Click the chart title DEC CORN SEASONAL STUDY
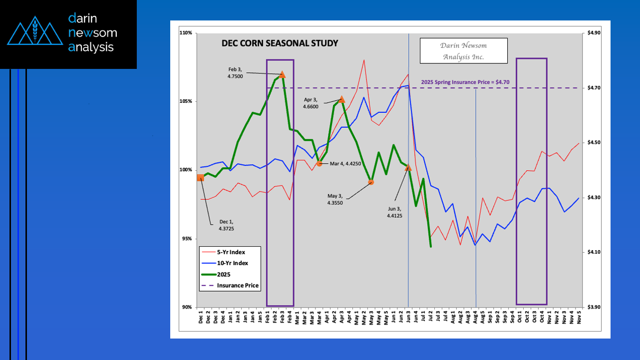pyautogui.click(x=280, y=43)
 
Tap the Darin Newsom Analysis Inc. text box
pyautogui.click(x=463, y=51)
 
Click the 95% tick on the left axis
pyautogui.click(x=187, y=239)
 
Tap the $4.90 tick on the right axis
pyautogui.click(x=594, y=33)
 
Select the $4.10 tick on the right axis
pyautogui.click(x=594, y=252)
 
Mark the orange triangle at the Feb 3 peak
pyautogui.click(x=283, y=74)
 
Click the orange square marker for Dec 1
pyautogui.click(x=200, y=178)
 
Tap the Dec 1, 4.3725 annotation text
pyautogui.click(x=226, y=225)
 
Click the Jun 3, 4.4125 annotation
pyautogui.click(x=394, y=212)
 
